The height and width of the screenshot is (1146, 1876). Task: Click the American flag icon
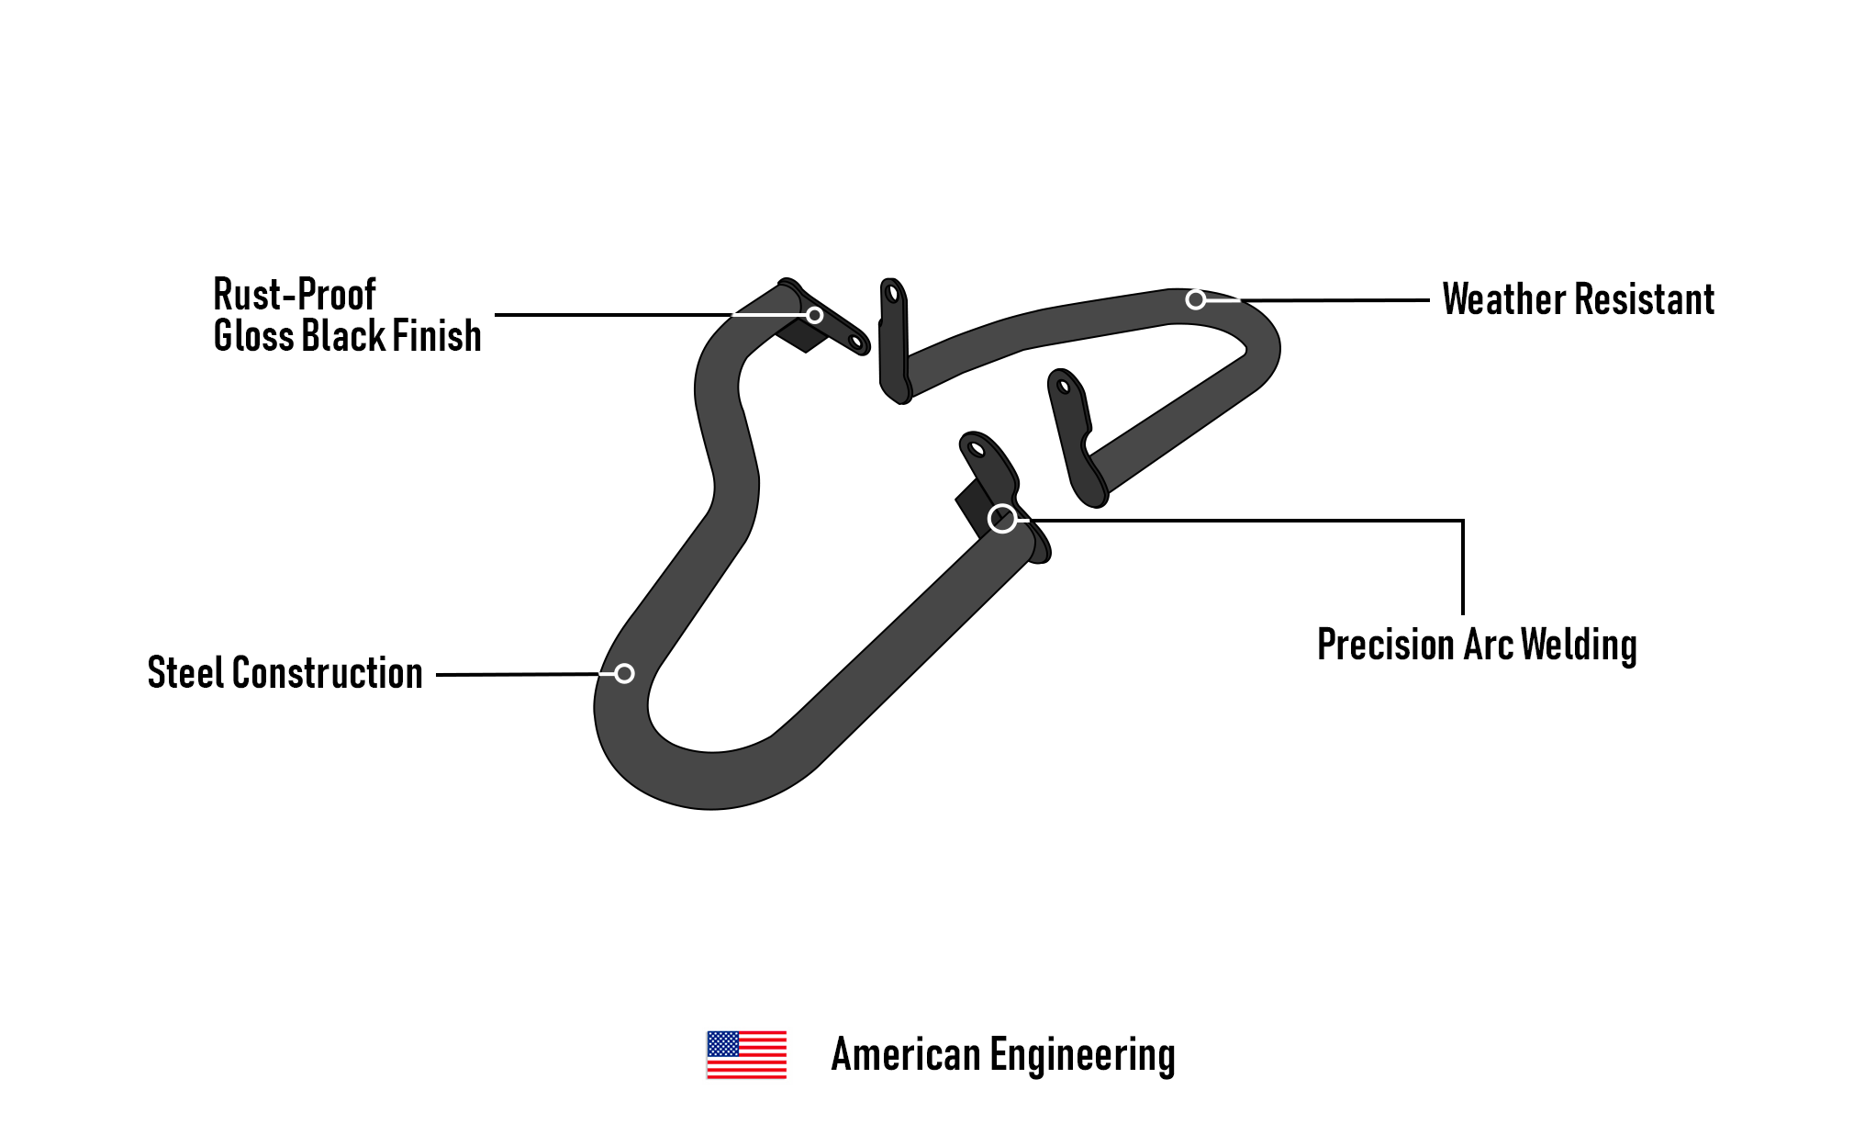746,1054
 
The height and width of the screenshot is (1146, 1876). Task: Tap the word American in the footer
905,1054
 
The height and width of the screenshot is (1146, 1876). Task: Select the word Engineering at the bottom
1082,1056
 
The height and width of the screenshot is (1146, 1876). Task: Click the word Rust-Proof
295,295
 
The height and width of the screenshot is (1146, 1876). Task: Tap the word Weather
1504,299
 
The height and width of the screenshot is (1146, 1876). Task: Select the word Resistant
1645,299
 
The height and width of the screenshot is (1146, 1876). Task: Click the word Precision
1386,645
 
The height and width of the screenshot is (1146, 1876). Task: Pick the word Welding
1579,646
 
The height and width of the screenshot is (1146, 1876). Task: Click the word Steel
184,673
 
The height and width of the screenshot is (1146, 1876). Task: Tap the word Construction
328,673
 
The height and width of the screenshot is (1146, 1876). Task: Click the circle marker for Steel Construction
624,674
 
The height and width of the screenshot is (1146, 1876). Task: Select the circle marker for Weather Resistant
1195,299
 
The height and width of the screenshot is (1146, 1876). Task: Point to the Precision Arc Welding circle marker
1002,519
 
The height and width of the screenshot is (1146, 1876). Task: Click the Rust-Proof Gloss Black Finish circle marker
814,315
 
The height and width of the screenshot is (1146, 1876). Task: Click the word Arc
1488,645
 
